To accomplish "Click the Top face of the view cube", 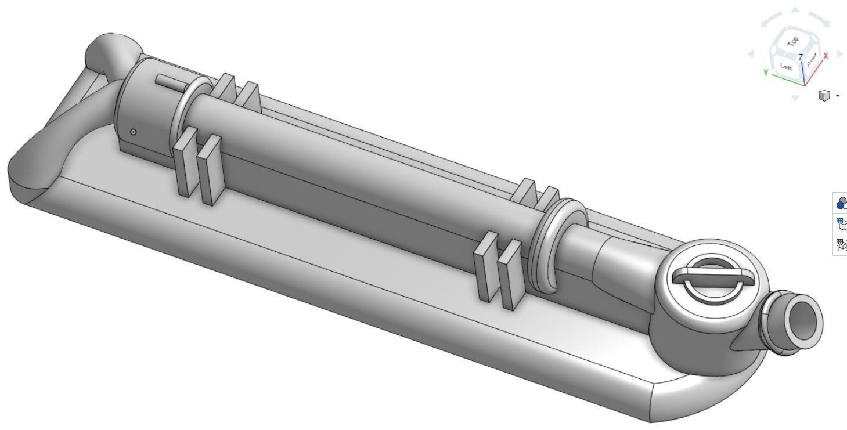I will point(792,42).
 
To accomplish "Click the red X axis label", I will point(826,56).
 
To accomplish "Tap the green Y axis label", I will point(766,73).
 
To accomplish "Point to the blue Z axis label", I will point(801,57).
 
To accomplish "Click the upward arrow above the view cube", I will point(795,10).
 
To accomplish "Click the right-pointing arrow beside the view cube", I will point(839,54).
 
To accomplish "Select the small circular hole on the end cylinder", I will point(134,132).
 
